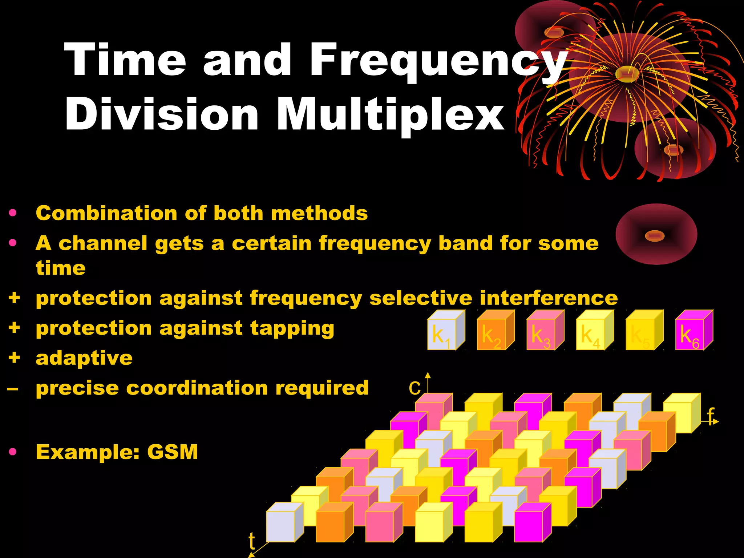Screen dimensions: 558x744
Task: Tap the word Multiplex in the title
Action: click(391, 114)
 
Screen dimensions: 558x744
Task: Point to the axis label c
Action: click(415, 388)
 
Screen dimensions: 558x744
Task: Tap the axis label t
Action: click(252, 541)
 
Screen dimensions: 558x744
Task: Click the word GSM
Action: click(173, 452)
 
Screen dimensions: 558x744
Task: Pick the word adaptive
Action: click(84, 358)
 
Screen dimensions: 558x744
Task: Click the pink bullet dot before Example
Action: click(13, 452)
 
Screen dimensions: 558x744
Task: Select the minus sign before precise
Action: click(13, 389)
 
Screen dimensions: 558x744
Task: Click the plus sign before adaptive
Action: click(14, 357)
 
